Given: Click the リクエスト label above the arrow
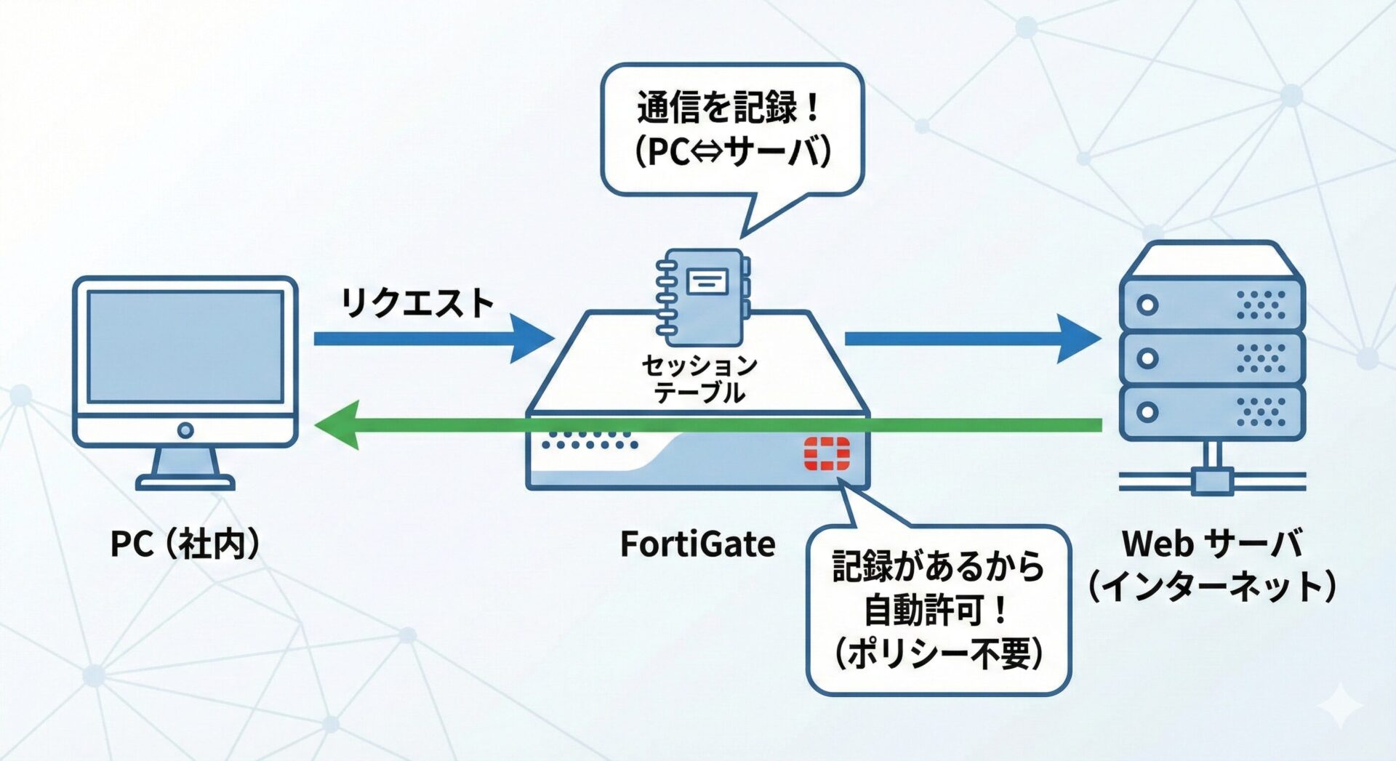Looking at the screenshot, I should point(417,302).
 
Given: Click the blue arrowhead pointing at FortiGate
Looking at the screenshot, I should point(532,339).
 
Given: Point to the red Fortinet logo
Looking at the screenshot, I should point(827,454).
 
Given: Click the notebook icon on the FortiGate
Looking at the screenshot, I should point(702,297).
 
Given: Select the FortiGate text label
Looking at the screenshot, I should point(697,544).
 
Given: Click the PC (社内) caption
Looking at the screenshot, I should point(185,544).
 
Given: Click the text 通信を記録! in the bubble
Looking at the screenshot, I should point(730,108).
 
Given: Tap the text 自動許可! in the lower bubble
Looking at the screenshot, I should point(936,609).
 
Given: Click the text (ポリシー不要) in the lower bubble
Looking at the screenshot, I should point(938,653).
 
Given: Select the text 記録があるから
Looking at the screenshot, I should point(938,566).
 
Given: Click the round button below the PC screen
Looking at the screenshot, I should point(185,430).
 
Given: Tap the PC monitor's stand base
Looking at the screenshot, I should point(185,482).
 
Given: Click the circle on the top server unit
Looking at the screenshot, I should point(1147,305).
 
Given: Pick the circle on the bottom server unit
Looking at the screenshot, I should point(1147,412).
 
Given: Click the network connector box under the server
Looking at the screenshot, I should point(1211,481).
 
